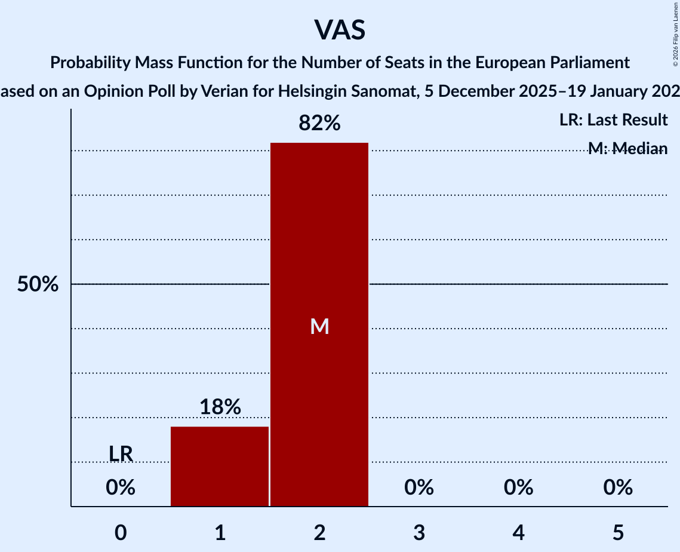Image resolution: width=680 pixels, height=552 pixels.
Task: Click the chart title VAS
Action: [339, 30]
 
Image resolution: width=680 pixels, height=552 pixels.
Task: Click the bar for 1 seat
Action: [220, 466]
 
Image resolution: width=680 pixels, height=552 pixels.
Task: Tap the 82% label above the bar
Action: [319, 124]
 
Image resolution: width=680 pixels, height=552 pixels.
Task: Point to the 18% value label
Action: [220, 407]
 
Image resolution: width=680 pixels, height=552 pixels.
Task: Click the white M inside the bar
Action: [319, 326]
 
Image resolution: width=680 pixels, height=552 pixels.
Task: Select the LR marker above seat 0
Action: [121, 454]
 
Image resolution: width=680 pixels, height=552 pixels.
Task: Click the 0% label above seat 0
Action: [121, 488]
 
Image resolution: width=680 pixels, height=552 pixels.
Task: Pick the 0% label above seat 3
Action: [419, 488]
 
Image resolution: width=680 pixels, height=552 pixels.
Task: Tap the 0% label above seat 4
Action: [518, 488]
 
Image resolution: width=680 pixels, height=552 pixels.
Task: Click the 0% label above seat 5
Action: [618, 488]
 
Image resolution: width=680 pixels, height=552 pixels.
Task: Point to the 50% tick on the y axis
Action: [38, 284]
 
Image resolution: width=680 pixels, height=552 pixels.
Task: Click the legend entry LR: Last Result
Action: [613, 120]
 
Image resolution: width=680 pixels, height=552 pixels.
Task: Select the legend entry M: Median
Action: [627, 148]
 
